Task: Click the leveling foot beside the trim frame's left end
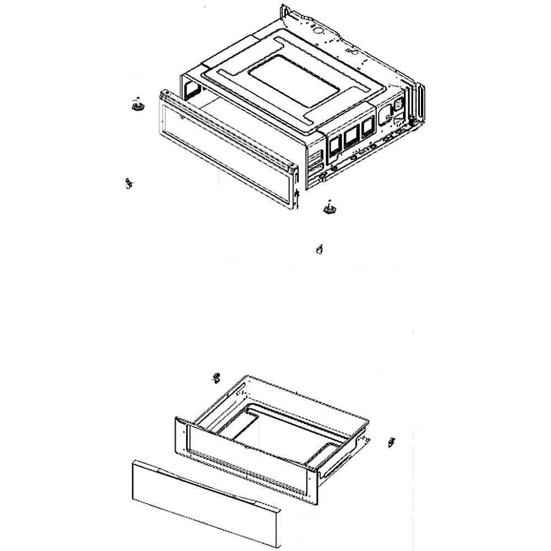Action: (137, 104)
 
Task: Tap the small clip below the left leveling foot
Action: (129, 183)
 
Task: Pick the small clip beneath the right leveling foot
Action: (318, 250)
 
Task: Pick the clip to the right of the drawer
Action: (392, 442)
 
